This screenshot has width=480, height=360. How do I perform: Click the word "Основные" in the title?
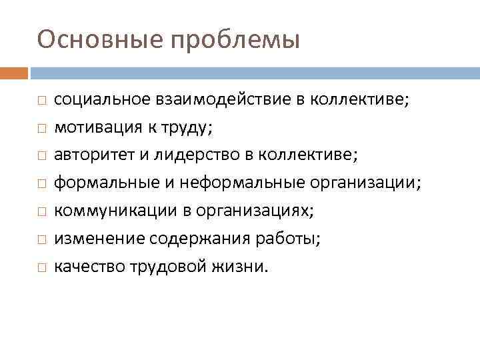100,39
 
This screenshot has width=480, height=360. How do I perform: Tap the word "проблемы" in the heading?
236,41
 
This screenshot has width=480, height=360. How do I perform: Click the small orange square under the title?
14,71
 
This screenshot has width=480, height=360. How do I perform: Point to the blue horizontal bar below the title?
254,71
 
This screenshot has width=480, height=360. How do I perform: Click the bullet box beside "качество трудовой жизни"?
41,268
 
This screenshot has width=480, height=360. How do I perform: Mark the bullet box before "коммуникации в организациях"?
41,212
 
